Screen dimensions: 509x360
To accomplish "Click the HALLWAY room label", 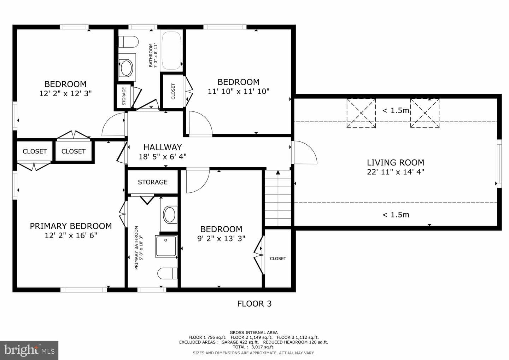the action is click(163, 147).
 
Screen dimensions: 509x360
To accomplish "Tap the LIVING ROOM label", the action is click(396, 163).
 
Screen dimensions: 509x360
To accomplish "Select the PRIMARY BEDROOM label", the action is click(71, 226).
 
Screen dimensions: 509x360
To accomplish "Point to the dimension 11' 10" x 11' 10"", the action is click(239, 91).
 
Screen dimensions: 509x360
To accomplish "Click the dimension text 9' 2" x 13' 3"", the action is click(221, 238).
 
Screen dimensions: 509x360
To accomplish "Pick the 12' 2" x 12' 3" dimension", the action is click(65, 93).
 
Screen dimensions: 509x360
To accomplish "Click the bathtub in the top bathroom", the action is click(172, 51).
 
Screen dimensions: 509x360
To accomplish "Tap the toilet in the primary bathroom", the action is click(168, 273).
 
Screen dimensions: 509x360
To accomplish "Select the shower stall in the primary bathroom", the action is click(166, 246).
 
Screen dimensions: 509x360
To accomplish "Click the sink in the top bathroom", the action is click(127, 68).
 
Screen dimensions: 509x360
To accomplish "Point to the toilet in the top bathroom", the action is click(128, 42).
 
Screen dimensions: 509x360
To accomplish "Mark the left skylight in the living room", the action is click(361, 113).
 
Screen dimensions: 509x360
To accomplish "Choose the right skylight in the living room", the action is click(425, 113).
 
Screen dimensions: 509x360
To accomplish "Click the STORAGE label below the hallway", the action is click(153, 182).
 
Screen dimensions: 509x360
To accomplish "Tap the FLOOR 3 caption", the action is click(254, 304).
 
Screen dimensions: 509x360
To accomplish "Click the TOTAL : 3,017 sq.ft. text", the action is click(253, 347).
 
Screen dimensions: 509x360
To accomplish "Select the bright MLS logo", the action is click(29, 350).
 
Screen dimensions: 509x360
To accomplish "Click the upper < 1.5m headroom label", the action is click(396, 110).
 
